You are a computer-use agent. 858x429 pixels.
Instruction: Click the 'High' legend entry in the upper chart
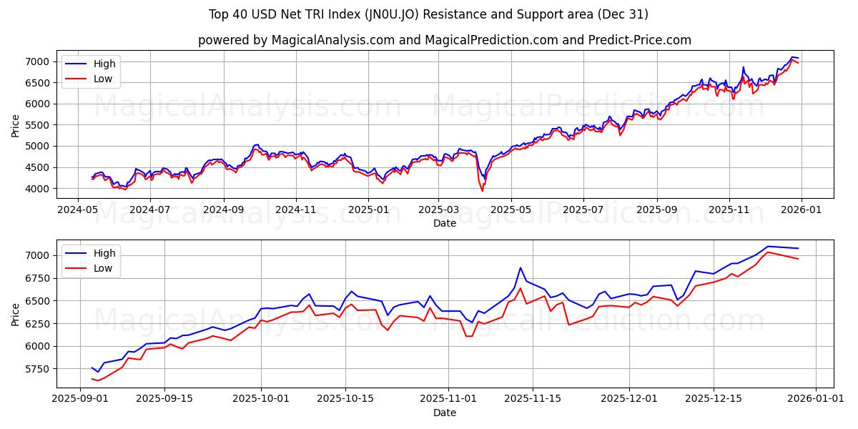point(104,64)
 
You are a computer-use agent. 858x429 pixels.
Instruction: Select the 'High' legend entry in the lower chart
point(104,252)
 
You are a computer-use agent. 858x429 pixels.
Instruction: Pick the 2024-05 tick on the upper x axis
point(77,210)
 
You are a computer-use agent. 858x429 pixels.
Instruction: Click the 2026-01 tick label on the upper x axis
point(801,210)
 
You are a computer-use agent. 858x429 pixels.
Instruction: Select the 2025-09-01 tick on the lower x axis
point(80,399)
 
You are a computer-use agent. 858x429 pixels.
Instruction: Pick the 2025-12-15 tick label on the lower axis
point(713,399)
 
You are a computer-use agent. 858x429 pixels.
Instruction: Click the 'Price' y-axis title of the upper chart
point(16,125)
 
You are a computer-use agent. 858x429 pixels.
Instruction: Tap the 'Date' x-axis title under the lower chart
point(445,413)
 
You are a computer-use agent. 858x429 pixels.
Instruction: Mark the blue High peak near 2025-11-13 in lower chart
point(521,267)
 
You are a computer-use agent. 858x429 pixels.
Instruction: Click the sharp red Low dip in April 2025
point(482,191)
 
